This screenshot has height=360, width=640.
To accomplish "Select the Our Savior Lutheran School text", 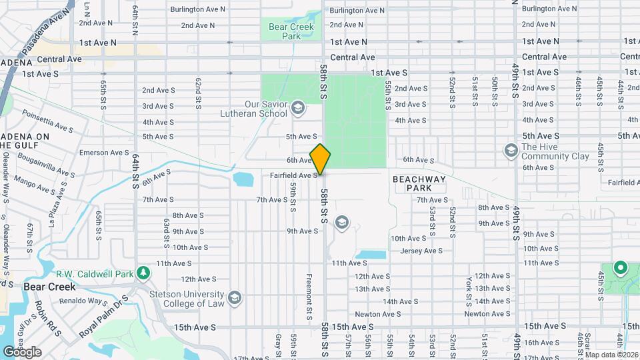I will [x=257, y=109].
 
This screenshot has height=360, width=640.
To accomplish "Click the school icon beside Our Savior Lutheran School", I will [x=297, y=108].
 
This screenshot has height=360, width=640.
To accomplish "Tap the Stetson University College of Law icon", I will [x=234, y=297].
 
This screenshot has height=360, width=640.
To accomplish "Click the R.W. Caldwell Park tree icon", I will [x=142, y=273].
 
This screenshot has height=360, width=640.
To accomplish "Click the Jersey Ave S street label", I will [x=421, y=251].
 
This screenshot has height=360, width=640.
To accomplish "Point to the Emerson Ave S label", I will [x=103, y=153].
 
